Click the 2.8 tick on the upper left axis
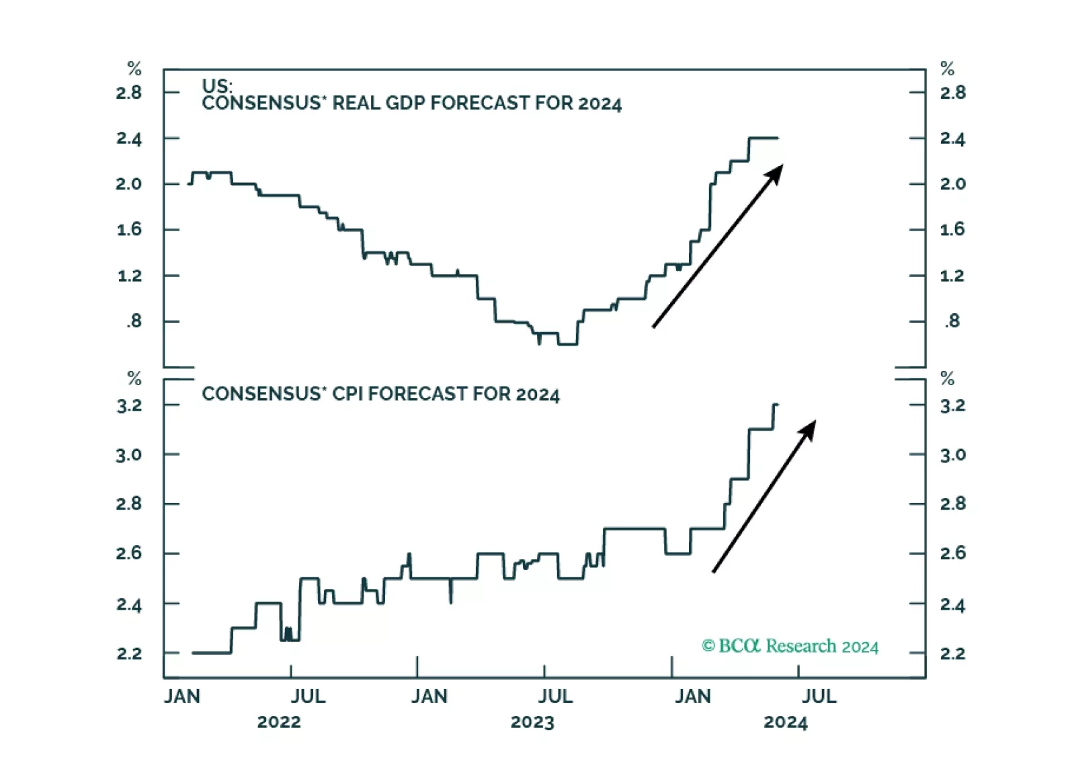pos(129,92)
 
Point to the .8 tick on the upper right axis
pos(952,321)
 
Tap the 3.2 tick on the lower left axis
pos(129,405)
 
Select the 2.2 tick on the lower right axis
pos(952,653)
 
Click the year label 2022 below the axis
pos(279,723)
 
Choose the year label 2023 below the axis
pos(532,723)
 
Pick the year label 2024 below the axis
pos(786,723)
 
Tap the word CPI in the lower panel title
pos(348,394)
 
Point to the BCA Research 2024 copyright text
pos(790,646)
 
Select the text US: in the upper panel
pos(217,86)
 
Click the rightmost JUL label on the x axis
pos(819,696)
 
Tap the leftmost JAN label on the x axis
pos(182,696)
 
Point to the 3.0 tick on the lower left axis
pos(129,455)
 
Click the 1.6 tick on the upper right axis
pos(952,229)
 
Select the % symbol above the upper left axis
pos(134,69)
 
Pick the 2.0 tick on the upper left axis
pos(129,184)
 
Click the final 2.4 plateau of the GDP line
pos(763,138)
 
